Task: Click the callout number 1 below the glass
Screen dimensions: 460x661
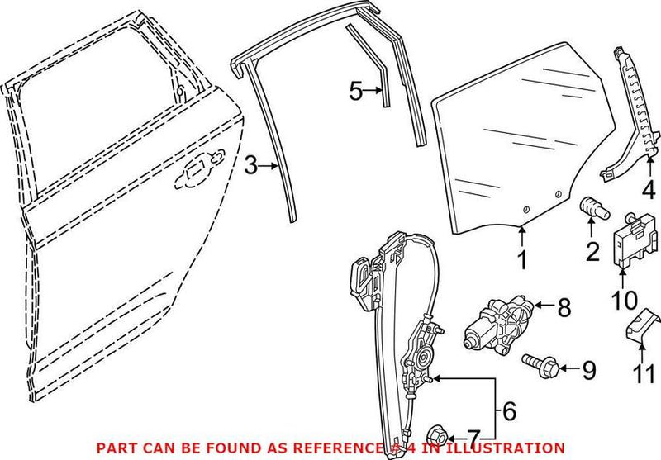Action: [521, 260]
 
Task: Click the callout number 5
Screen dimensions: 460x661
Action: [356, 92]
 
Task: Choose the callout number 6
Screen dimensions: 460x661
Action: [511, 409]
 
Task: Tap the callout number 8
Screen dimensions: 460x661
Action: [564, 309]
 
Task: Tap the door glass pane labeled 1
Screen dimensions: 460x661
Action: [512, 149]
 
